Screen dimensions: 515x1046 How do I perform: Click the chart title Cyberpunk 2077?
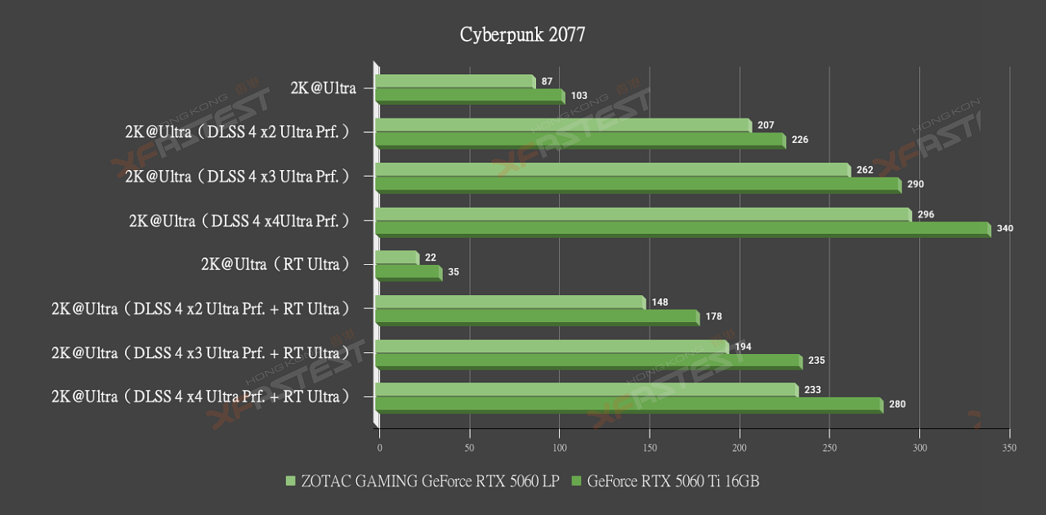522,34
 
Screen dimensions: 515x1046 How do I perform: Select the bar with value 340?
682,229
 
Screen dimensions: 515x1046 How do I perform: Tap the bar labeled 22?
397,258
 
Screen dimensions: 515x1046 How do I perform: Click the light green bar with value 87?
455,82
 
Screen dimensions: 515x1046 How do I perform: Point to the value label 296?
925,214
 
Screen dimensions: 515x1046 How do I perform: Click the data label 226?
799,140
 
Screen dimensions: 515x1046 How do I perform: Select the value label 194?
743,347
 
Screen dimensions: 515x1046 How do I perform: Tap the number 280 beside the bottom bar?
896,405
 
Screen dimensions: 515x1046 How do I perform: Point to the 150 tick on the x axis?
650,448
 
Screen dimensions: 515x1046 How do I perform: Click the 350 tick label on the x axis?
1009,448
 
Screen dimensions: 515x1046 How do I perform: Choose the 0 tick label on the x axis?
379,448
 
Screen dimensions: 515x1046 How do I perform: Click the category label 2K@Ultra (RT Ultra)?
275,264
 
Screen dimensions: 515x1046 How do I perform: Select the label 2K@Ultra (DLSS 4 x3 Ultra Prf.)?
238,176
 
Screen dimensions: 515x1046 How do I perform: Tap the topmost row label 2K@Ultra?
323,87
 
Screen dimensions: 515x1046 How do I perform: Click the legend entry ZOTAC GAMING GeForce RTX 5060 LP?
428,481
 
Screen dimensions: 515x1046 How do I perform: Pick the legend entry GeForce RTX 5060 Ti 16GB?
673,481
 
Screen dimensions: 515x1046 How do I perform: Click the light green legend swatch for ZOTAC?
290,481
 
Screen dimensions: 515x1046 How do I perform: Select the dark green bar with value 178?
537,317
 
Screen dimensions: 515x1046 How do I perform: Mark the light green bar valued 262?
613,170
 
